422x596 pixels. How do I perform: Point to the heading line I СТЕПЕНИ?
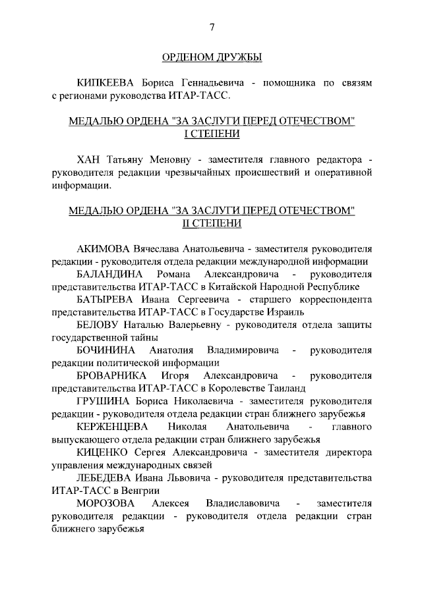(x=212, y=134)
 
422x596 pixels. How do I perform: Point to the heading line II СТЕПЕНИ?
(x=212, y=223)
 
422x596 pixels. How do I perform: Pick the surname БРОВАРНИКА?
(x=113, y=375)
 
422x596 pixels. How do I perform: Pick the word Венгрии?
(x=140, y=490)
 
